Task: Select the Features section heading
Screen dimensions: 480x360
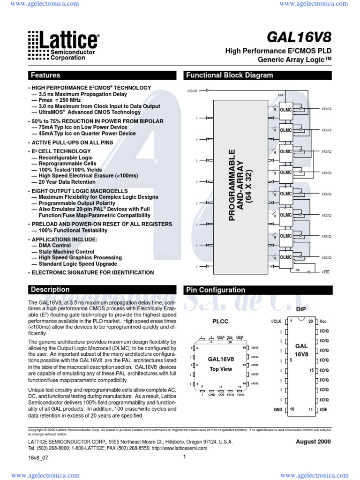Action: pos(45,75)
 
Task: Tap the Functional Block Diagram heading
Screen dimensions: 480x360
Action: pos(230,75)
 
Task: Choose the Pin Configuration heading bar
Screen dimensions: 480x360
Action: pos(216,290)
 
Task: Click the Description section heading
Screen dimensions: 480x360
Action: pos(50,290)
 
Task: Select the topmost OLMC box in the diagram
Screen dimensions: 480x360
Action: pos(286,109)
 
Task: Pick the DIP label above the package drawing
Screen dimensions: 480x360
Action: pos(300,310)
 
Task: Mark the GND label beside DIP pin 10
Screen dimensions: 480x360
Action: pos(278,409)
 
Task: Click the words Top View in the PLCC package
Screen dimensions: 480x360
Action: pos(220,369)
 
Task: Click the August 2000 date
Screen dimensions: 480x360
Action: pos(313,442)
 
